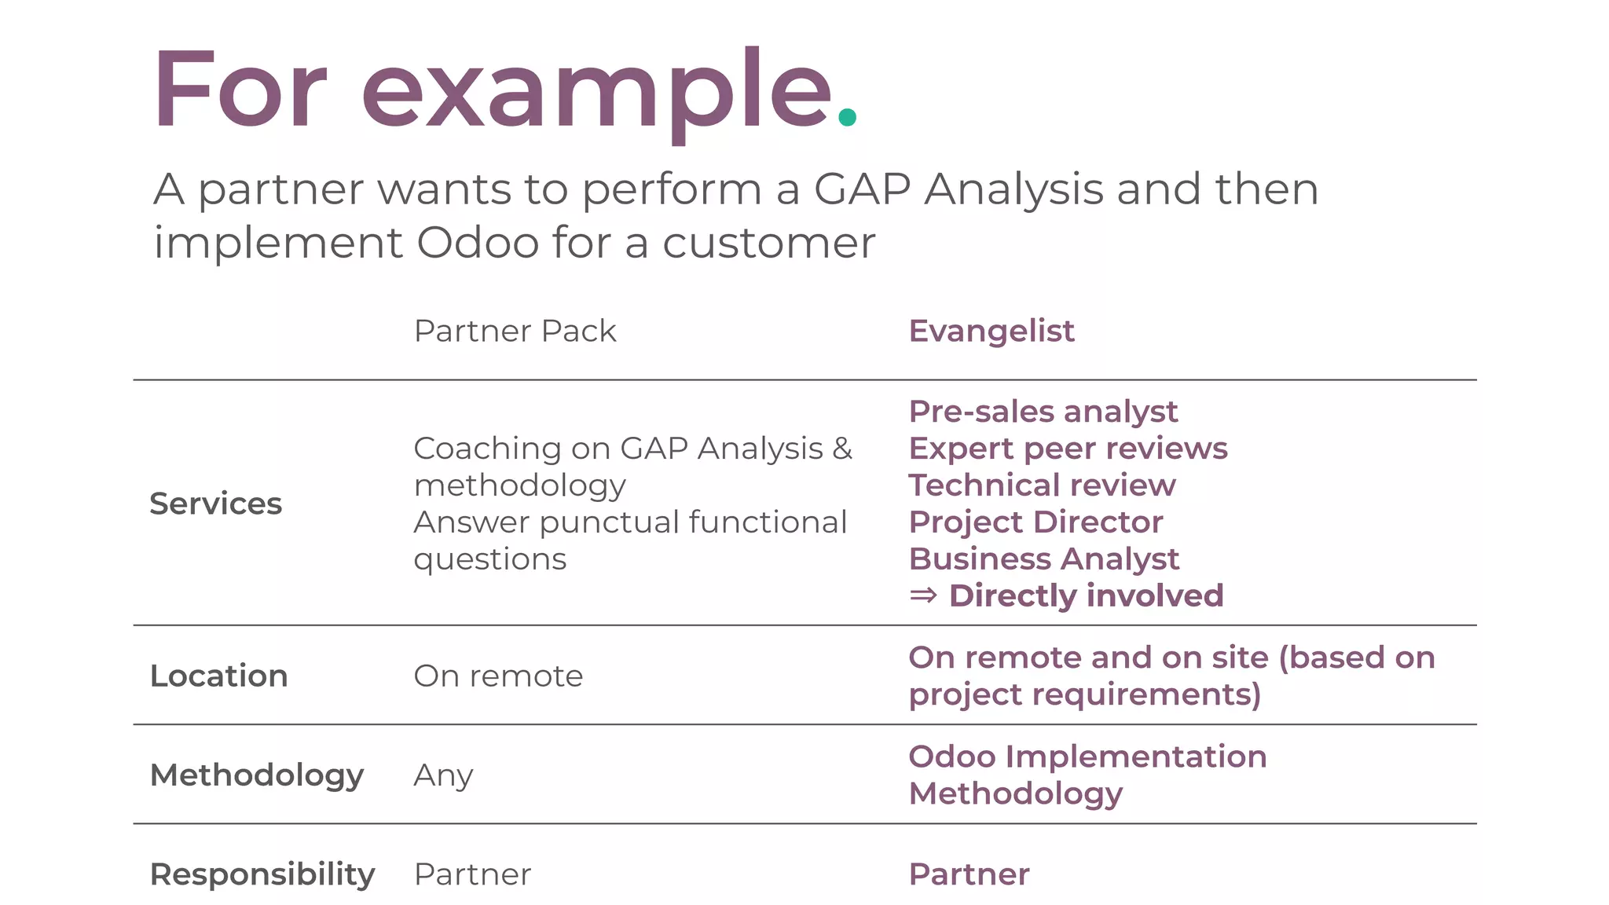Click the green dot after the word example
[x=847, y=117]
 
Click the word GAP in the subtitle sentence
[x=862, y=189]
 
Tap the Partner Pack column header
[x=515, y=331]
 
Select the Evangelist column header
[x=991, y=331]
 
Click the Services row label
[x=215, y=504]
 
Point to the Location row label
[x=218, y=676]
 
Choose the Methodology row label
[x=256, y=775]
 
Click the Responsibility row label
[x=262, y=874]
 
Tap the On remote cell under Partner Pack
[x=498, y=676]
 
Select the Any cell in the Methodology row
[x=443, y=775]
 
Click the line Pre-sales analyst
[x=1043, y=412]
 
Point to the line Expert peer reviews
[x=1068, y=449]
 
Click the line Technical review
[x=1042, y=485]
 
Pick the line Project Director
[x=1035, y=522]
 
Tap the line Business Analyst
[x=1043, y=559]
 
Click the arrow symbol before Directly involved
[x=923, y=595]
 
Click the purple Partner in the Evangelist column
[x=969, y=874]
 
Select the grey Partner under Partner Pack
[x=472, y=874]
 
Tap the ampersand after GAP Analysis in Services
[x=842, y=449]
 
